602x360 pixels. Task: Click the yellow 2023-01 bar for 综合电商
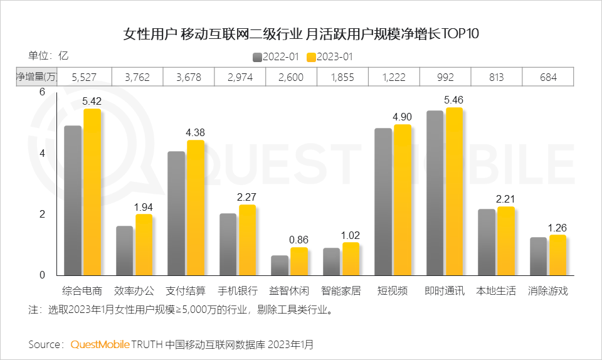(x=92, y=192)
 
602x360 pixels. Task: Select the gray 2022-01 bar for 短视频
(x=383, y=201)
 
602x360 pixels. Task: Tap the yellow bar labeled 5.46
(x=454, y=191)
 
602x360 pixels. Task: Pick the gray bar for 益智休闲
(x=279, y=265)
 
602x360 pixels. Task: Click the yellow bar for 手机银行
(x=247, y=240)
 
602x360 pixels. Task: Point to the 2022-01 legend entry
(x=276, y=57)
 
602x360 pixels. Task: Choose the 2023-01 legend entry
(x=330, y=57)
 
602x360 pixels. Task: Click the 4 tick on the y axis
(x=43, y=153)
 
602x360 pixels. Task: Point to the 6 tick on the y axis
(x=43, y=92)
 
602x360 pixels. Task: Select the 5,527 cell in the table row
(x=84, y=77)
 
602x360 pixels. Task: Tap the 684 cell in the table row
(x=549, y=77)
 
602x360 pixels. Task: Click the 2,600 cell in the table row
(x=290, y=77)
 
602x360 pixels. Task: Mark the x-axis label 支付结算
(x=186, y=292)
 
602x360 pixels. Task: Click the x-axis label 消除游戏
(x=548, y=292)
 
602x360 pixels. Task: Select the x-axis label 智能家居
(x=341, y=292)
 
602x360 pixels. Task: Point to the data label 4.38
(x=195, y=132)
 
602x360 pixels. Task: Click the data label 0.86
(x=298, y=240)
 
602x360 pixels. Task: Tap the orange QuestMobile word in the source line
(x=100, y=344)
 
